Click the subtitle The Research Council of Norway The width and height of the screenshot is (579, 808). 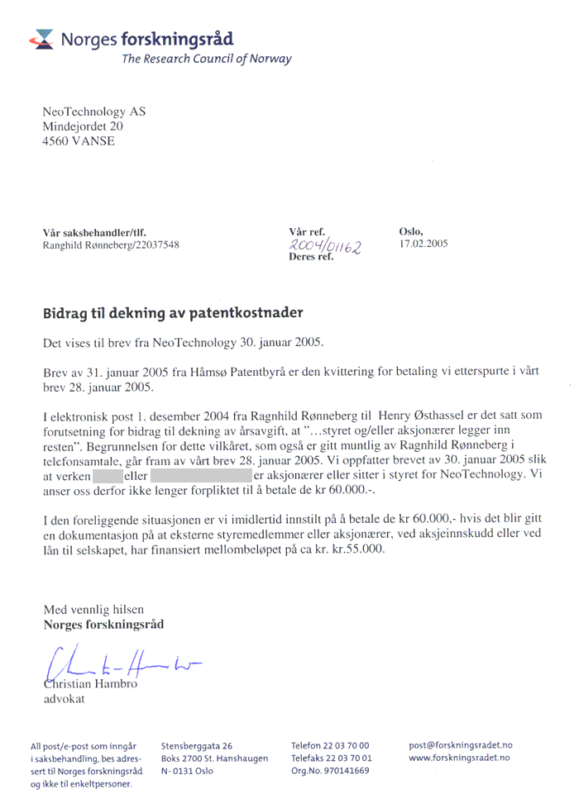coord(206,59)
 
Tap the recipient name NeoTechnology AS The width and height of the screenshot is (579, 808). coord(94,112)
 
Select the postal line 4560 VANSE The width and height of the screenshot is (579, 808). coord(79,141)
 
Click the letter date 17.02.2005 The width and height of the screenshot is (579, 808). coord(423,245)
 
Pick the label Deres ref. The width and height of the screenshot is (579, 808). coord(311,258)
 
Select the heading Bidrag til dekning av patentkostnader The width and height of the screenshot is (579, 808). coord(173,313)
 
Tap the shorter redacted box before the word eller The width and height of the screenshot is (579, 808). coord(107,475)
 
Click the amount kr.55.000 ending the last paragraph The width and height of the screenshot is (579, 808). coord(356,549)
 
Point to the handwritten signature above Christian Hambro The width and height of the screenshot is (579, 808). coord(116,662)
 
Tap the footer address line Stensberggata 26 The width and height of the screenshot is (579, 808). coord(196,745)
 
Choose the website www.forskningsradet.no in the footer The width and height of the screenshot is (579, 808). coord(459,758)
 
